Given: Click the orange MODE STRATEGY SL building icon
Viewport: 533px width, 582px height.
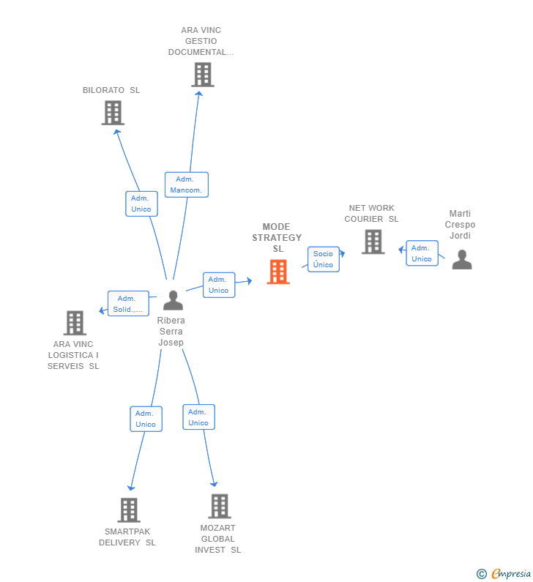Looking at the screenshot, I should tap(278, 272).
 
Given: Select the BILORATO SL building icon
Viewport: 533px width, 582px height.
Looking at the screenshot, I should tap(113, 113).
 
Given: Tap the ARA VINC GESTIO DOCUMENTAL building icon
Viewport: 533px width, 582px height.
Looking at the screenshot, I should tap(202, 75).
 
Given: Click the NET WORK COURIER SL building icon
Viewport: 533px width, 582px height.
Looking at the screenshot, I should tap(373, 242).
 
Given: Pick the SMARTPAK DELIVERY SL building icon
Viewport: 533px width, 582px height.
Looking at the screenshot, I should tap(128, 510).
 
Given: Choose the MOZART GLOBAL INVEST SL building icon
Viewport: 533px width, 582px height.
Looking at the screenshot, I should tap(219, 506).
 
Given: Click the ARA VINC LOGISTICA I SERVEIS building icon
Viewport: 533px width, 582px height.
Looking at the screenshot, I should tap(75, 323).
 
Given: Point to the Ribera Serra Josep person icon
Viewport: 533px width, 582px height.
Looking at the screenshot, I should tap(173, 300).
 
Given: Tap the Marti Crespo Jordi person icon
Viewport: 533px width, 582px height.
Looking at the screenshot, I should tap(462, 260).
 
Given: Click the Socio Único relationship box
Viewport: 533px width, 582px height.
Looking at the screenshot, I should tap(323, 259).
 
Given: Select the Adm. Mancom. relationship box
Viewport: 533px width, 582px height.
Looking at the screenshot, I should tap(186, 184).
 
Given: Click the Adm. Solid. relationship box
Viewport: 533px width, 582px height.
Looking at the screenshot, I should tap(127, 304).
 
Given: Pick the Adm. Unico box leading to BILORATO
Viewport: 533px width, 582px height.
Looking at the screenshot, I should tap(141, 204).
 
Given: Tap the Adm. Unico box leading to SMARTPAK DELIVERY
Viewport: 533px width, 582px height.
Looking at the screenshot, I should tap(146, 419).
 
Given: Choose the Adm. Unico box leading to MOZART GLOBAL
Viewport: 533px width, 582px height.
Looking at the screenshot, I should tap(198, 417).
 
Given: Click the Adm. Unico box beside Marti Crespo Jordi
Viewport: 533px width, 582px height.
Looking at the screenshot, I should tap(422, 253).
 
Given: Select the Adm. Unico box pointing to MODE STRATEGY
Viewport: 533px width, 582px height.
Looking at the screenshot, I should tap(218, 285).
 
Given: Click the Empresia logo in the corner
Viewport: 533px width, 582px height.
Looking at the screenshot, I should tap(504, 573).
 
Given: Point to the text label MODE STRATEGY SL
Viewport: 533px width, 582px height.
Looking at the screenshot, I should tap(277, 238).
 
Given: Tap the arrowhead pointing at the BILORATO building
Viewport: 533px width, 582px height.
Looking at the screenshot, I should tap(116, 132).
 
